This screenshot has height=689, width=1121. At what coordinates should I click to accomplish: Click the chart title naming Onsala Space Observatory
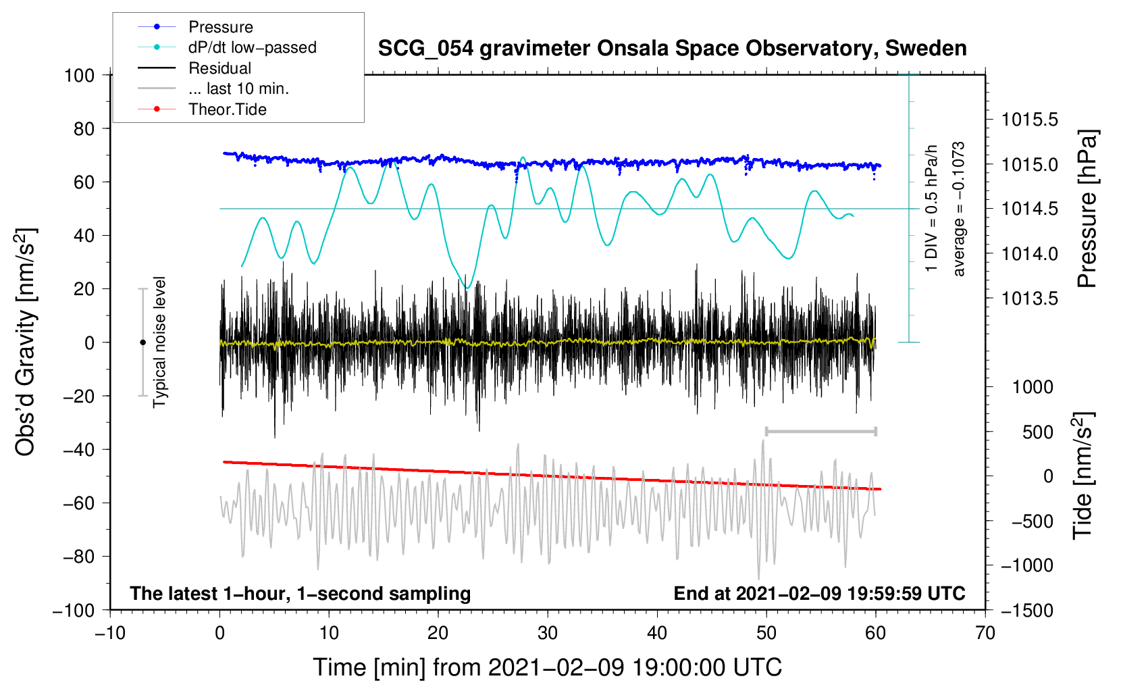[672, 49]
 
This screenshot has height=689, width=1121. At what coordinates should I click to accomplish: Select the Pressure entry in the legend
[220, 27]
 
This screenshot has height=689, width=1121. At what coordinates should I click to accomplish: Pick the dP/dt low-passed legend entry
[252, 47]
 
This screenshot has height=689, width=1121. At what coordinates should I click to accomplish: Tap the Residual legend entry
[219, 68]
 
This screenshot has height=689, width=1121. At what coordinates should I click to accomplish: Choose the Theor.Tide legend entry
[227, 109]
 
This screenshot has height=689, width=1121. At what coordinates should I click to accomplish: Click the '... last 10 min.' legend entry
[238, 88]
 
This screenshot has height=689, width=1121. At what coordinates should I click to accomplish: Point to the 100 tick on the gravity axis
[79, 75]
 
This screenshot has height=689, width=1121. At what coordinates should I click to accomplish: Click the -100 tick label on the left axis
[74, 610]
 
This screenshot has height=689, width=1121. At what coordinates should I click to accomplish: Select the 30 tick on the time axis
[548, 633]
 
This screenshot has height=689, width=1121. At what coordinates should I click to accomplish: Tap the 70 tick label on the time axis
[985, 633]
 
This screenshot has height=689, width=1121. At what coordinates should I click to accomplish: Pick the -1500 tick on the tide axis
[1026, 610]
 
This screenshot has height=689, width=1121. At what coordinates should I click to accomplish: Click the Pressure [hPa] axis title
[1087, 209]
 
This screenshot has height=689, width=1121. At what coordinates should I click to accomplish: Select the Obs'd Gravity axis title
[26, 342]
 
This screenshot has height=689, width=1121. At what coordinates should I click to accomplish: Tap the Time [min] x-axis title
[548, 667]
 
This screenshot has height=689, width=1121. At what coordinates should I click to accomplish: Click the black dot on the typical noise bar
[142, 342]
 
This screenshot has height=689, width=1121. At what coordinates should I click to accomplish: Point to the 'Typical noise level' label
[159, 342]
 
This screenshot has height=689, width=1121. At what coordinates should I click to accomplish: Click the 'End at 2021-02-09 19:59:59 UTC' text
[819, 593]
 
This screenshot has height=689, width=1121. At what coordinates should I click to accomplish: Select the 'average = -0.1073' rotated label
[959, 209]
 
